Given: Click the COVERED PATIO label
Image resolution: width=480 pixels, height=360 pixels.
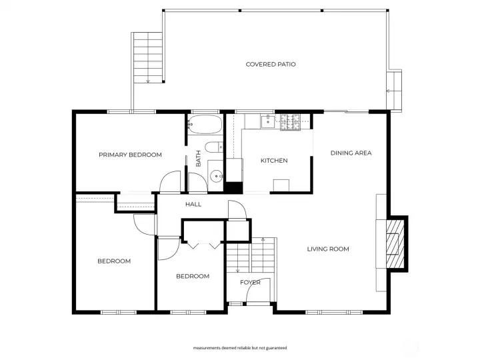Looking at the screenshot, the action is coord(271,64).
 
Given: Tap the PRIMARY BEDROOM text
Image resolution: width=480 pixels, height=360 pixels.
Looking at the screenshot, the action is coord(130,155).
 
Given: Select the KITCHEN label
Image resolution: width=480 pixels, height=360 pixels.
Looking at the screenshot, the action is coord(274,161).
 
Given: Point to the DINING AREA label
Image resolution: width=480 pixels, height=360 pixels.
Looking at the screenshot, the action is coord(351,153).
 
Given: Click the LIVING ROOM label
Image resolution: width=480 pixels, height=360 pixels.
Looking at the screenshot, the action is coord(328,249).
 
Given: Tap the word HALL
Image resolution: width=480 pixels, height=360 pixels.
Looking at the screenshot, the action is coord(193,204).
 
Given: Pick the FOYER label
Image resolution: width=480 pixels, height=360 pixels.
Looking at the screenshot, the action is coord(250,282).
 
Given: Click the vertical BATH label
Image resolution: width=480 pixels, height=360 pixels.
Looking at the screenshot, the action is coord(199,159).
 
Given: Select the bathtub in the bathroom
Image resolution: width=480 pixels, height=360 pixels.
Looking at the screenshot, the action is coord(205,124).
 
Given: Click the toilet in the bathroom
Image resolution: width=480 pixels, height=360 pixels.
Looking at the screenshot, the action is coord(214,147).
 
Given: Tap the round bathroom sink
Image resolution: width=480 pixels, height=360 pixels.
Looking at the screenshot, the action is coord(217,176).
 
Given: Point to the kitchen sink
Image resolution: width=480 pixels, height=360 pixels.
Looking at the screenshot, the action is coord(267,121).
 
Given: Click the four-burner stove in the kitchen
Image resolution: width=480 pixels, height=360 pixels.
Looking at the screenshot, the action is coord(290,122).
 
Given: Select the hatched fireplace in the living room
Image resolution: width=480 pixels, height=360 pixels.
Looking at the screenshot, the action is coord(395,244).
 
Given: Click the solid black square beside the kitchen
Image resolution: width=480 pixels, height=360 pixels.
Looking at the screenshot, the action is coord(233,187).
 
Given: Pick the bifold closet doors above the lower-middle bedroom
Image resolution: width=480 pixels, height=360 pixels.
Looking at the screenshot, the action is coord(203,245).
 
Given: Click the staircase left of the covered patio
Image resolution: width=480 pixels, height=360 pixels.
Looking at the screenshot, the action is coord(148,57).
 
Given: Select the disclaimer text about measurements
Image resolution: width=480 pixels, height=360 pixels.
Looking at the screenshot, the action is coord(240,348).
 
